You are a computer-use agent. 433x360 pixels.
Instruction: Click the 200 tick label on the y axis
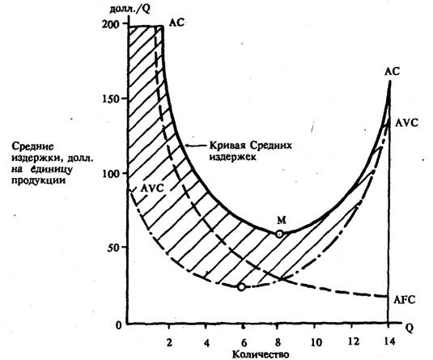click(110, 24)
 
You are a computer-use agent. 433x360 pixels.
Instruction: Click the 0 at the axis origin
click(118, 325)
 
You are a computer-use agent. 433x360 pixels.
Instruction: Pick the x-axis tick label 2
click(169, 342)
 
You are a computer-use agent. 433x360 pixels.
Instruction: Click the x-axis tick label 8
click(278, 342)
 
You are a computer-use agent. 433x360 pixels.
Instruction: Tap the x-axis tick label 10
click(316, 342)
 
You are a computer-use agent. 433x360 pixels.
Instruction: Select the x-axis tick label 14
click(388, 341)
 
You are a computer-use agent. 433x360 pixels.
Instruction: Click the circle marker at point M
click(279, 234)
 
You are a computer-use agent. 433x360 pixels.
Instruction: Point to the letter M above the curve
click(282, 220)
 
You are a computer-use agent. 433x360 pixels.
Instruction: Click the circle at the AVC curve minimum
click(241, 287)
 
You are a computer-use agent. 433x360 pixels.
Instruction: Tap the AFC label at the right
click(405, 299)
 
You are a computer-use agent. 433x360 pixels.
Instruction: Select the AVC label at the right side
click(406, 123)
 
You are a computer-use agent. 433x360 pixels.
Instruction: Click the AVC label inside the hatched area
click(152, 188)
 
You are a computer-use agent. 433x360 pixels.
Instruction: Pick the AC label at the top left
click(176, 23)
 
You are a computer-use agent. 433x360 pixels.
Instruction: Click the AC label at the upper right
click(393, 72)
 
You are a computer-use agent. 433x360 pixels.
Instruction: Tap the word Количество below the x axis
click(261, 354)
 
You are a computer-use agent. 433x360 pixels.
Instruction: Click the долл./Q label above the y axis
click(129, 9)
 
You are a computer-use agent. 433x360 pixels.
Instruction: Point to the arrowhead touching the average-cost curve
click(187, 146)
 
